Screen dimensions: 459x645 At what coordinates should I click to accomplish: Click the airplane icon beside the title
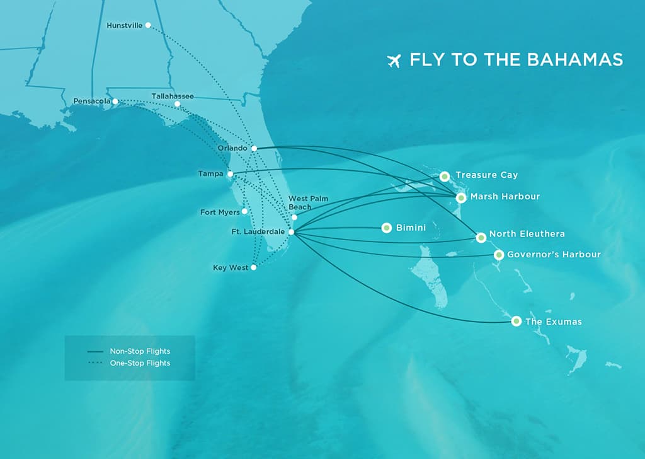(394, 61)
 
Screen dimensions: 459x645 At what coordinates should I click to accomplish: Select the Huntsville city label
(125, 25)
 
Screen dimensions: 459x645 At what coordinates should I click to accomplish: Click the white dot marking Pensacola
(115, 101)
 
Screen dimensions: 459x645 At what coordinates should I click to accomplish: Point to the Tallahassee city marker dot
(177, 104)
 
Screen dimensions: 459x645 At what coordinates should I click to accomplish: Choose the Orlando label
(232, 148)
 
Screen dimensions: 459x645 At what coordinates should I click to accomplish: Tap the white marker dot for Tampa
(231, 173)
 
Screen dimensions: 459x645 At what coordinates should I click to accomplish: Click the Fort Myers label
(220, 212)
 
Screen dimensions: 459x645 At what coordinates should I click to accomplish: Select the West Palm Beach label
(308, 202)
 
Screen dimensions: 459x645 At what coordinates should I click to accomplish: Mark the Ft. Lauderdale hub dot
(291, 232)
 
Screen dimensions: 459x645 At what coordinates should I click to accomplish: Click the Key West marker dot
(254, 267)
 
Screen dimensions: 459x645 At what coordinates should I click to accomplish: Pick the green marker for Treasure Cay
(445, 176)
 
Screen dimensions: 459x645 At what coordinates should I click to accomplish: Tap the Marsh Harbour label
(505, 197)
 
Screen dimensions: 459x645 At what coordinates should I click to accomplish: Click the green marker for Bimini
(387, 228)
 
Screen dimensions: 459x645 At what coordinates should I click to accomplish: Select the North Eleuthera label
(527, 234)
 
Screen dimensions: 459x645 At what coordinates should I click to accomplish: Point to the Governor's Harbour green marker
(499, 255)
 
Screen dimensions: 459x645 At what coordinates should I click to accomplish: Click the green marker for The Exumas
(517, 321)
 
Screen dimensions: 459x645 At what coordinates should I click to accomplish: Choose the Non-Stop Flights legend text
(140, 351)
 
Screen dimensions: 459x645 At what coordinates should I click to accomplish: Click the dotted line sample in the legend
(95, 363)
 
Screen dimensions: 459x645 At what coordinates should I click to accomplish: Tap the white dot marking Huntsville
(148, 25)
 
